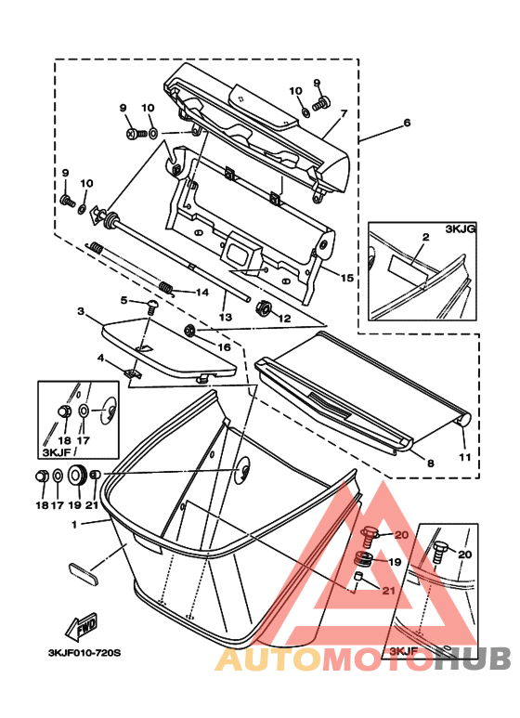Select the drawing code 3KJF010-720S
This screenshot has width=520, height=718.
pos(84,653)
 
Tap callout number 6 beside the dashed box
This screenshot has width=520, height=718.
pos(407,123)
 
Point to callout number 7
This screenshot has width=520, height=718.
pos(344,113)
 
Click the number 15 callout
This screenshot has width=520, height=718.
pos(346,278)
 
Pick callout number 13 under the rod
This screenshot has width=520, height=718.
pos(226,317)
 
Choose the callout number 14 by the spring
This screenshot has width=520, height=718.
pos(202,293)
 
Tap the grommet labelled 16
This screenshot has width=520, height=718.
pos(189,330)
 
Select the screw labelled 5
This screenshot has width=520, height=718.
pos(151,305)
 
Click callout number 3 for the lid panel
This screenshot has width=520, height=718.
pos(81,311)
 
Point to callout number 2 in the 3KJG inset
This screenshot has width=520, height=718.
pos(425,237)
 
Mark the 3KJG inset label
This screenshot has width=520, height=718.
pos(461,228)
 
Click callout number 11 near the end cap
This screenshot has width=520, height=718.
pos(464,457)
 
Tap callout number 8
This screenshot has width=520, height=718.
pos(430,463)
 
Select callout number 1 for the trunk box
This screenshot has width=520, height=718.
pos(74,525)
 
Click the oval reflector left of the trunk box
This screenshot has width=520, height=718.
pos(84,574)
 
